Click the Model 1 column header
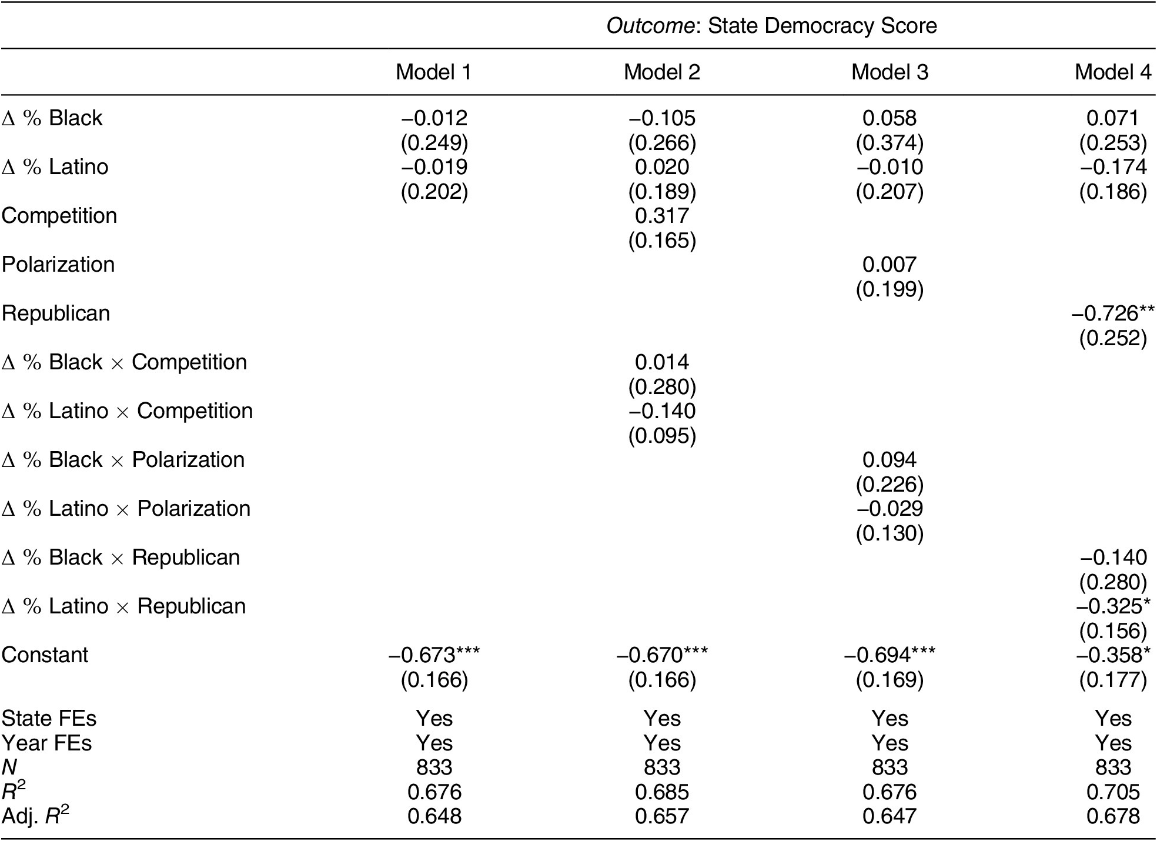[x=434, y=72]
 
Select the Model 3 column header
[x=890, y=72]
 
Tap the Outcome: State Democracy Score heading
[x=771, y=26]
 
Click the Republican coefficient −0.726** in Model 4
[x=1113, y=313]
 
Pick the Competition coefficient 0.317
[x=662, y=216]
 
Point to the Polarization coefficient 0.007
[x=890, y=265]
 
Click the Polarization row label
[x=58, y=265]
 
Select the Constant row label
[x=45, y=655]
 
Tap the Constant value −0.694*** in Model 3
[x=890, y=655]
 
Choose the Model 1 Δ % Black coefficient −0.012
[x=434, y=118]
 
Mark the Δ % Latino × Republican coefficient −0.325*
[x=1113, y=606]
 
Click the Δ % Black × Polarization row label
[x=123, y=460]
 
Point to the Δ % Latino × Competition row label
[x=127, y=411]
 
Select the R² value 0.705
[x=1113, y=792]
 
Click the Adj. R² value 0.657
[x=662, y=816]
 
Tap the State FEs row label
[x=49, y=718]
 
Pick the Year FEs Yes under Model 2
[x=662, y=743]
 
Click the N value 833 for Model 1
[x=434, y=767]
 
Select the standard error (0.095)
[x=662, y=436]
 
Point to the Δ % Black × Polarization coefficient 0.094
[x=890, y=460]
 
